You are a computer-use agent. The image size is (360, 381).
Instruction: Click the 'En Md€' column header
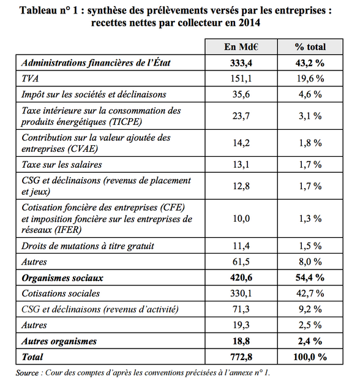[241, 47]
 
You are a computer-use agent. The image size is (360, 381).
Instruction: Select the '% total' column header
[310, 47]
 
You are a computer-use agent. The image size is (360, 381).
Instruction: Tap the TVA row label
[30, 78]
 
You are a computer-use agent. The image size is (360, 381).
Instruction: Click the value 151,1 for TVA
[241, 79]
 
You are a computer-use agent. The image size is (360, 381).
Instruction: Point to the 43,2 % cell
[310, 63]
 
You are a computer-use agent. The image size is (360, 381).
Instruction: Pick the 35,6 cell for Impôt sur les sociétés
[241, 94]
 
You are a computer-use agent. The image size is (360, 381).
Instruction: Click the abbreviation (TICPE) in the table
[126, 122]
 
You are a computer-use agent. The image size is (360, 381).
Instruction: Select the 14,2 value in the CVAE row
[241, 143]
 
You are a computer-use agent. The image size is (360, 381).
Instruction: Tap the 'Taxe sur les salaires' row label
[62, 165]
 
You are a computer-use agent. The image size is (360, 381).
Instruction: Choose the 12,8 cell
[241, 186]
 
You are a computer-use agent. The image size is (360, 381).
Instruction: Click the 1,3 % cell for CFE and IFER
[310, 219]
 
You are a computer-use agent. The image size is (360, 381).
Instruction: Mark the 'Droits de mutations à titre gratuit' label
[88, 246]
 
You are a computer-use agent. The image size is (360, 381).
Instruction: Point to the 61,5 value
[241, 262]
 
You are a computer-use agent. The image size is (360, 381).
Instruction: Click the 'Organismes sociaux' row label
[62, 277]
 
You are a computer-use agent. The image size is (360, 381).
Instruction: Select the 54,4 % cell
[310, 277]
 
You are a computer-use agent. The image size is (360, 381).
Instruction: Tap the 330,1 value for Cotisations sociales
[241, 293]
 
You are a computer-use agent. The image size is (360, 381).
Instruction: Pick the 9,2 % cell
[310, 309]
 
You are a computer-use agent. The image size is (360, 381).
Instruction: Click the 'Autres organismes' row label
[59, 341]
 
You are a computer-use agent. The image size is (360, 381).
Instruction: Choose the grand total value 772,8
[241, 357]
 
